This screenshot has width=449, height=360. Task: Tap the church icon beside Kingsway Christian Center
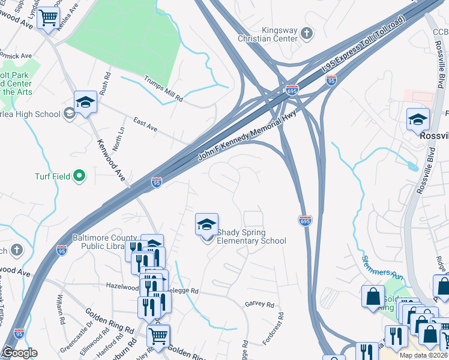tap(307, 33)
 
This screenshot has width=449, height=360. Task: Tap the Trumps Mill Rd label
tap(163, 88)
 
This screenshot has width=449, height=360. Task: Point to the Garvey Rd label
tap(259, 304)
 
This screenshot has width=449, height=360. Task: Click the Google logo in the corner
tap(19, 353)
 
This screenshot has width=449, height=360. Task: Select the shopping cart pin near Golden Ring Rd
tap(158, 335)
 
